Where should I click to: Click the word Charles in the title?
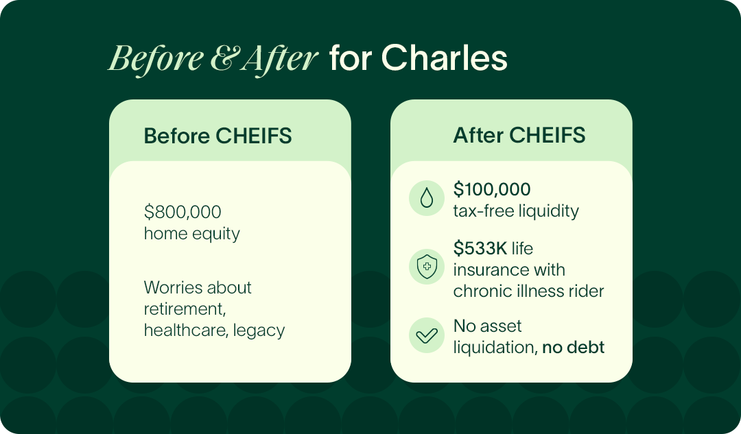point(444,58)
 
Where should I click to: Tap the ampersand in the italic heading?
point(224,58)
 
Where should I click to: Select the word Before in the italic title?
point(156,58)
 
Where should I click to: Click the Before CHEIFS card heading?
point(218,136)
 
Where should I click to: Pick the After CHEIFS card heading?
point(519,136)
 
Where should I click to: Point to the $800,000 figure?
point(183,212)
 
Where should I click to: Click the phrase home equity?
point(192,234)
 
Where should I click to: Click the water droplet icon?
point(427,198)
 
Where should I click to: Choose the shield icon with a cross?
point(427,267)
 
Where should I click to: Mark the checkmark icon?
point(427,335)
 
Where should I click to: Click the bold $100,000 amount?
point(492,189)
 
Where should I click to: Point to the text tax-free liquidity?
point(516,211)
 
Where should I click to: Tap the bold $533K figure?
point(480,248)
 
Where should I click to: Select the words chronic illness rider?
point(528,291)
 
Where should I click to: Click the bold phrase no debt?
point(573,348)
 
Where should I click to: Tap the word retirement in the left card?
point(185,309)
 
